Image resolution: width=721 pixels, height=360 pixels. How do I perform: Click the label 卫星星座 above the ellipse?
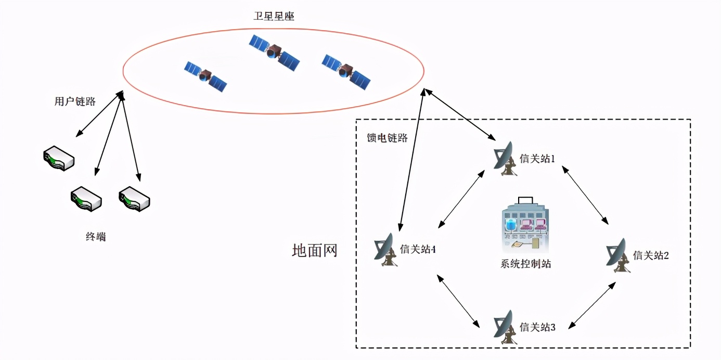pos(274,16)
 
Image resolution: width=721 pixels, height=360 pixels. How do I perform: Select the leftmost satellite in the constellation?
pos(206,76)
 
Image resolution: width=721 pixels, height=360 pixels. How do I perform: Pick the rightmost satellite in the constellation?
pos(346,72)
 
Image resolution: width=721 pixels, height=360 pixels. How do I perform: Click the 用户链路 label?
pos(75,101)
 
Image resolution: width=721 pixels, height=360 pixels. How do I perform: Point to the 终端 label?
pos(95,237)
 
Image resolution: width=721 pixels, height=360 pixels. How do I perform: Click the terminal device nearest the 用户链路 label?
pos(59,158)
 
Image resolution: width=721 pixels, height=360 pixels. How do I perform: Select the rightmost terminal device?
pos(134,199)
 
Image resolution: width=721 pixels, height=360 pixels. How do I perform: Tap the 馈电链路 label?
pos(387,138)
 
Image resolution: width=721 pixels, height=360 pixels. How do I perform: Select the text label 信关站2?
pos(651,255)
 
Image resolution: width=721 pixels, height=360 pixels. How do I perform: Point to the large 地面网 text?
pos(315,250)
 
